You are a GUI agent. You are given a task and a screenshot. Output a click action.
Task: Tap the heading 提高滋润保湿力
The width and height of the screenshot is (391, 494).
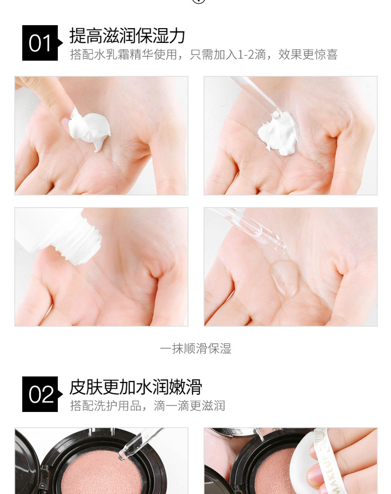127,36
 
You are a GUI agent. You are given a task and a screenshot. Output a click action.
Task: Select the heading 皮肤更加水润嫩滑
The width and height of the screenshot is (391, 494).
136,387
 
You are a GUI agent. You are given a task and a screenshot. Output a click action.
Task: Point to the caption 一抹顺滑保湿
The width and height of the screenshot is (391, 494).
195,348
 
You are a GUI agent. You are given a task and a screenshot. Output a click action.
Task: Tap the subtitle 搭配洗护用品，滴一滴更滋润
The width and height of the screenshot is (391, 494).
147,406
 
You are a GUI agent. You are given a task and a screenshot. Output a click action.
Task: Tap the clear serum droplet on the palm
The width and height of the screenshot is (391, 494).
285,277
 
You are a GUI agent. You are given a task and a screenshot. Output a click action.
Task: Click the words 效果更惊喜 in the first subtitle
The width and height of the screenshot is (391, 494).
308,54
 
